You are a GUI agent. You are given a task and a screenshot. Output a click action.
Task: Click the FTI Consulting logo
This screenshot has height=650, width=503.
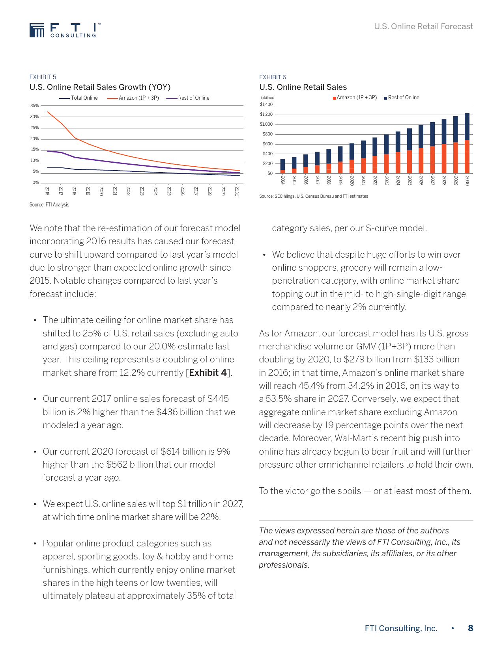[63, 30]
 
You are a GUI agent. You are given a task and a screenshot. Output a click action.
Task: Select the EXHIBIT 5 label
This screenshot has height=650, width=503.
[43, 77]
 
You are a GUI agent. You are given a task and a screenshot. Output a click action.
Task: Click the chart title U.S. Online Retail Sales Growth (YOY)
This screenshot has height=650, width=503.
[100, 87]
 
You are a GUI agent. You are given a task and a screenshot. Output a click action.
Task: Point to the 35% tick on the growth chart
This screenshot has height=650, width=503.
[34, 106]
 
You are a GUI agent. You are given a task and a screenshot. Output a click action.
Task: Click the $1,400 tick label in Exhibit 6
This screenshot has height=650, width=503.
[266, 104]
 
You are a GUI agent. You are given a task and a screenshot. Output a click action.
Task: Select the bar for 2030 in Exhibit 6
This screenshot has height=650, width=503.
[467, 143]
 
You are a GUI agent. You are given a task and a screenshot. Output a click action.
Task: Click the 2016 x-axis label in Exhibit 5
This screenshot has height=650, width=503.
[47, 191]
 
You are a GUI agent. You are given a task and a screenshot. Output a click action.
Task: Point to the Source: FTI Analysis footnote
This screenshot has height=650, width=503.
[49, 205]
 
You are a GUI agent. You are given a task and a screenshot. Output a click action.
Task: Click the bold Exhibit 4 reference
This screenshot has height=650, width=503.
[208, 373]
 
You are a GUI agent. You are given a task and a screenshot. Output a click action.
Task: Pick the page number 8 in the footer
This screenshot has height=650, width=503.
[470, 628]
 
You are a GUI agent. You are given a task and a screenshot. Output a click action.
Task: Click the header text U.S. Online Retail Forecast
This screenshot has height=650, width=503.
[423, 26]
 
